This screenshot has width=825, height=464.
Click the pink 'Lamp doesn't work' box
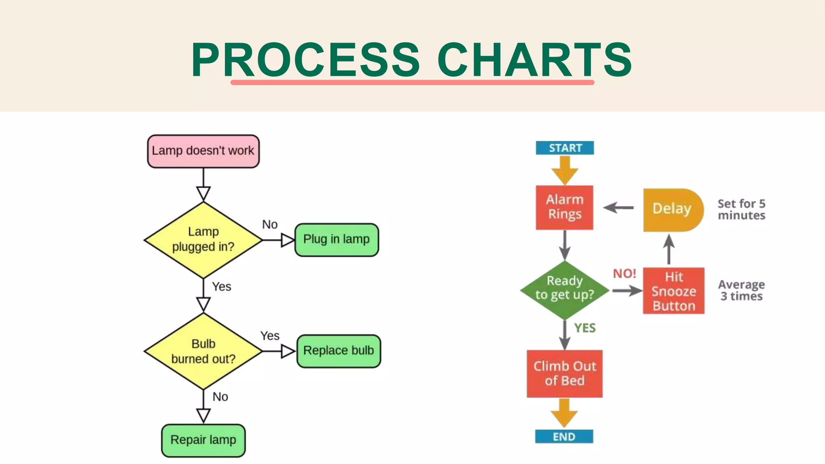(203, 151)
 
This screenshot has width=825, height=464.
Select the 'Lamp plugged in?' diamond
(203, 240)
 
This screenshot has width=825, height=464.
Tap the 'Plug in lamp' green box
(336, 240)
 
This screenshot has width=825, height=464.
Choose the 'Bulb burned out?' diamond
(203, 351)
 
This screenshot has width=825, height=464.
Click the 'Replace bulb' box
(338, 351)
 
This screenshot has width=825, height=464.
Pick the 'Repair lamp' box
(203, 440)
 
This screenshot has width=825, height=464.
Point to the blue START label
(565, 148)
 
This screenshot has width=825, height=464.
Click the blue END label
(564, 437)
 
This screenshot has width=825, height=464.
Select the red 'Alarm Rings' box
(564, 207)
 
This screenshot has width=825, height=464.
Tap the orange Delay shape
(672, 209)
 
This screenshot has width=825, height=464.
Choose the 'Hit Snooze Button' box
(674, 291)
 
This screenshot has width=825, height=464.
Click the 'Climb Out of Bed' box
(564, 373)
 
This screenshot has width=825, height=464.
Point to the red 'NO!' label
(624, 274)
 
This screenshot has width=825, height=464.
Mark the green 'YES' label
(585, 328)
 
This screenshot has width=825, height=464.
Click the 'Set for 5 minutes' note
(741, 209)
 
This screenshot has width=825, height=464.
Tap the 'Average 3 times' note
(741, 290)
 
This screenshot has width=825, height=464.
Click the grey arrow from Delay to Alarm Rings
(618, 208)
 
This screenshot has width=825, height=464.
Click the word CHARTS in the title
(534, 60)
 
